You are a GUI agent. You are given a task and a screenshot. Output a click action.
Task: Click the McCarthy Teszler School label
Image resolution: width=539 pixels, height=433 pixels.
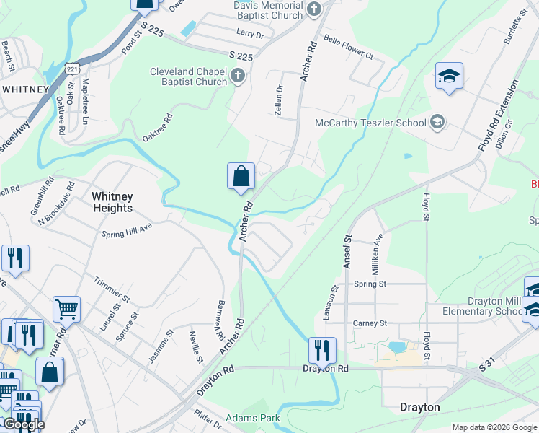[371, 123]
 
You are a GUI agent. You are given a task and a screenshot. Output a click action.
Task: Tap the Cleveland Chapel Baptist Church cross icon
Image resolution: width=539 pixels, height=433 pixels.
[239, 75]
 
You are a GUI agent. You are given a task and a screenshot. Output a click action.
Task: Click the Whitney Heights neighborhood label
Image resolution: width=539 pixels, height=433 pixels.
[112, 201]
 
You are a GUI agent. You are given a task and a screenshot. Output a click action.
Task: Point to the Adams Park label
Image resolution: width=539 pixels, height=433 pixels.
[252, 418]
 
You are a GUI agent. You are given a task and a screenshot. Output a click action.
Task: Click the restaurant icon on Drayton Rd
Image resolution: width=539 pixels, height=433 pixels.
[322, 350]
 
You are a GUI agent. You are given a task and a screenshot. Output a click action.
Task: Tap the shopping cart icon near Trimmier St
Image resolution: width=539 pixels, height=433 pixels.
[66, 309]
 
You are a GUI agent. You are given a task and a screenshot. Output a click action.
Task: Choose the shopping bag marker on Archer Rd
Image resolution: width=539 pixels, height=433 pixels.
[241, 176]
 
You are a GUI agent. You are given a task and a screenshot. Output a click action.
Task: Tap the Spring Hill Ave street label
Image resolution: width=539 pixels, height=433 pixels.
[127, 235]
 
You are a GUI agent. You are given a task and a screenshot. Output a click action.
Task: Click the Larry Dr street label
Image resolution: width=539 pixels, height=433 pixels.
[251, 33]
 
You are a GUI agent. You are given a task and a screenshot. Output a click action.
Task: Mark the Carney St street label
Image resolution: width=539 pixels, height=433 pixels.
[369, 323]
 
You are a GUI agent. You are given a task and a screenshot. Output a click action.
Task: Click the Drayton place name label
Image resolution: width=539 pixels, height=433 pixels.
[419, 407]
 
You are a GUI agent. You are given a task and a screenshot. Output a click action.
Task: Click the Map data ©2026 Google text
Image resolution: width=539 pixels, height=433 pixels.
[494, 427]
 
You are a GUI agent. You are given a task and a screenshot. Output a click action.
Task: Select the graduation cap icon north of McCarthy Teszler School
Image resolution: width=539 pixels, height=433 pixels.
[449, 76]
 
